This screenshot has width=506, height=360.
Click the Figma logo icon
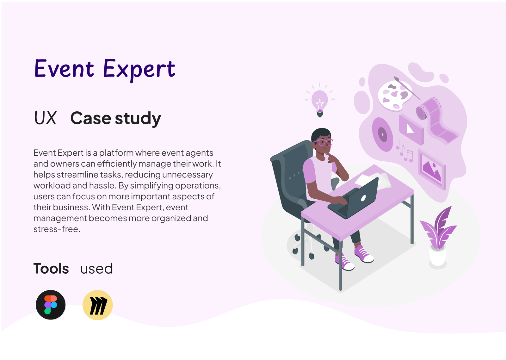(x=51, y=305)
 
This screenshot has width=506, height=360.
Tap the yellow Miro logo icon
(x=98, y=305)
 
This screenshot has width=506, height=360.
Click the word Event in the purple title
(x=64, y=68)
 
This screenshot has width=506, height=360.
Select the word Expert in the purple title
(x=139, y=70)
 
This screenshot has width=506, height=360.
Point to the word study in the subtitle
(x=138, y=118)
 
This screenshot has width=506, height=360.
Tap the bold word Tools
(x=51, y=269)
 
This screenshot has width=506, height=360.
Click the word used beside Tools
(x=96, y=269)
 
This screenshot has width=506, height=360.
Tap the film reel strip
(x=437, y=120)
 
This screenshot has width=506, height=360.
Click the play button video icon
(x=411, y=129)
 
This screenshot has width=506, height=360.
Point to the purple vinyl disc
(x=382, y=134)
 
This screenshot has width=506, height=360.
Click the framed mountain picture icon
(x=432, y=169)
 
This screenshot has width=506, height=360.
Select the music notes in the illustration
(x=404, y=151)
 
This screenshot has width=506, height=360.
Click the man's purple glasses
(x=323, y=142)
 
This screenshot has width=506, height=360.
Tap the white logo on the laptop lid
(x=363, y=198)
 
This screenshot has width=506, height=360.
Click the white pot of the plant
(x=438, y=256)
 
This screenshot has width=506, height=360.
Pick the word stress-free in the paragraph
(x=57, y=229)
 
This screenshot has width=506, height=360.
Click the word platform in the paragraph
(x=116, y=153)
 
